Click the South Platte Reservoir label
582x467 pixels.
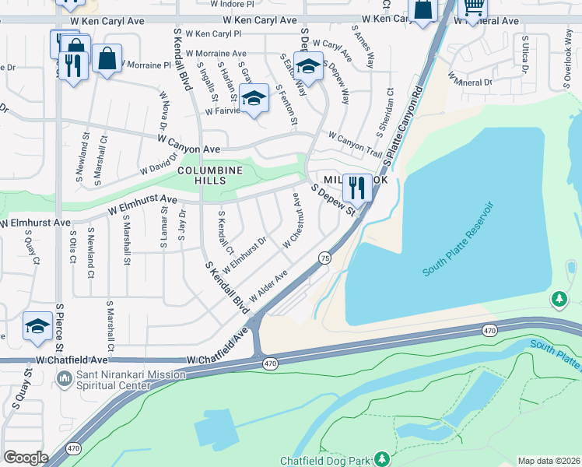coord(459,238)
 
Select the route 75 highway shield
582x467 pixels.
coord(324,258)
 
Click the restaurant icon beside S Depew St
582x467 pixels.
coord(356,187)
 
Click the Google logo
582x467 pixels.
coord(26,458)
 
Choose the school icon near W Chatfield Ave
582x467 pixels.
coord(37,326)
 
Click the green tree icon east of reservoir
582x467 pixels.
coord(558,299)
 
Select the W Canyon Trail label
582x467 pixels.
coord(355,142)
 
